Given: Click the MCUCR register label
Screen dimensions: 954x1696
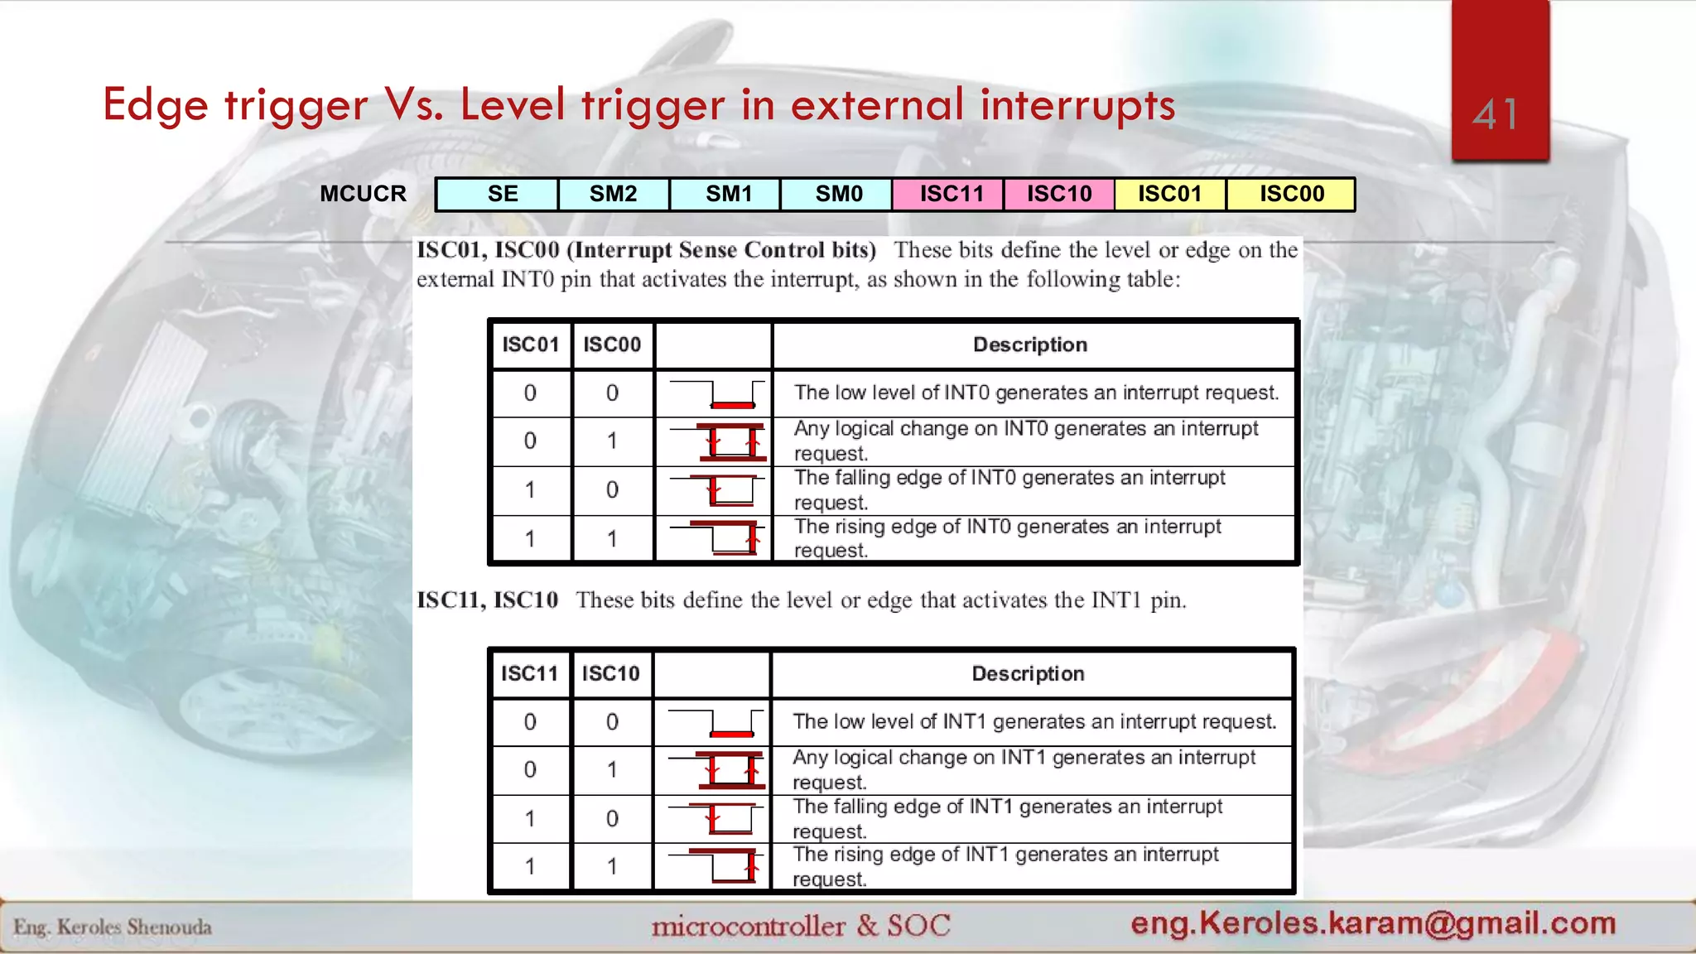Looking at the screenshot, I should point(363,194).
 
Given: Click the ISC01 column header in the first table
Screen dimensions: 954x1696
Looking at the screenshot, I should point(531,344).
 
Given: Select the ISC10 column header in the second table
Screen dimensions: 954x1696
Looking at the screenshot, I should point(610,673).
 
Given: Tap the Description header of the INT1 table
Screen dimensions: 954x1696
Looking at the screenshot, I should point(1028,673).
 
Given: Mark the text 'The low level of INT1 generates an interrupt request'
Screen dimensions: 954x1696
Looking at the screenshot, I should point(1033,721).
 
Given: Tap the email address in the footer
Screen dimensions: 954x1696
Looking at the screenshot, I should point(1372,923).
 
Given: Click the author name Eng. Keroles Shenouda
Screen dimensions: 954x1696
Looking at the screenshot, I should point(113,927).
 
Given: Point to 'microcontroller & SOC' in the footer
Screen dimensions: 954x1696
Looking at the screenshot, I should point(800,925).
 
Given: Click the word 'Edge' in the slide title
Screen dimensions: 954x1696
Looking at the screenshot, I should point(155,105).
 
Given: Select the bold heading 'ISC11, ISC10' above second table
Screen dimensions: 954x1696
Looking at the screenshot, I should point(487,600).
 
